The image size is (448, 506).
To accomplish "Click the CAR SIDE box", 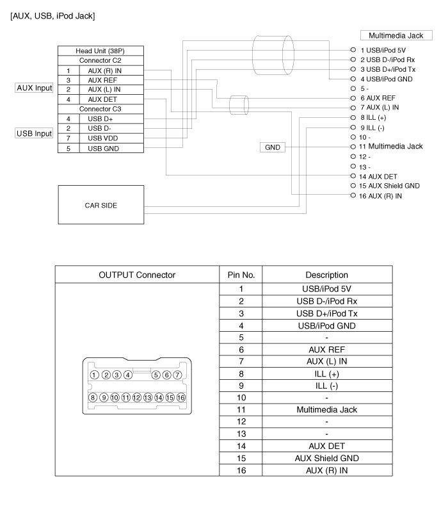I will click(100, 206).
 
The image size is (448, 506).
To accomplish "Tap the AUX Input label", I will click(34, 88).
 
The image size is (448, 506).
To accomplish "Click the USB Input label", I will click(34, 134).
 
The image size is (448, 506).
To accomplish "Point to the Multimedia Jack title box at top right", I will click(392, 36).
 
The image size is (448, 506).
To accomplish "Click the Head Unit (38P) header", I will click(100, 51).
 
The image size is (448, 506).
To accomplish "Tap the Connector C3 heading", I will click(100, 109).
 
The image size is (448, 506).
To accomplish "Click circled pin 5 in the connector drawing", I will click(156, 375).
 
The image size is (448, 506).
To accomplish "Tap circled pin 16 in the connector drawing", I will click(181, 397).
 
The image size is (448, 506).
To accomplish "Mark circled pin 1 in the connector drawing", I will click(95, 375).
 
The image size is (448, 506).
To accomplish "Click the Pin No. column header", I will click(241, 275).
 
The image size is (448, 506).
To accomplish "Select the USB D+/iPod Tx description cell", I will click(326, 313).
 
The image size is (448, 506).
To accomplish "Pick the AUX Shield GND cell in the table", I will click(326, 458).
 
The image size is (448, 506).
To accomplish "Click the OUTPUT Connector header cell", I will click(137, 275).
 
